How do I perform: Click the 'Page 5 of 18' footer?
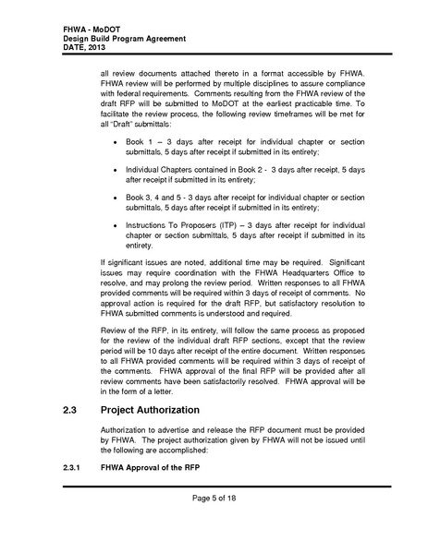click(214, 525)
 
